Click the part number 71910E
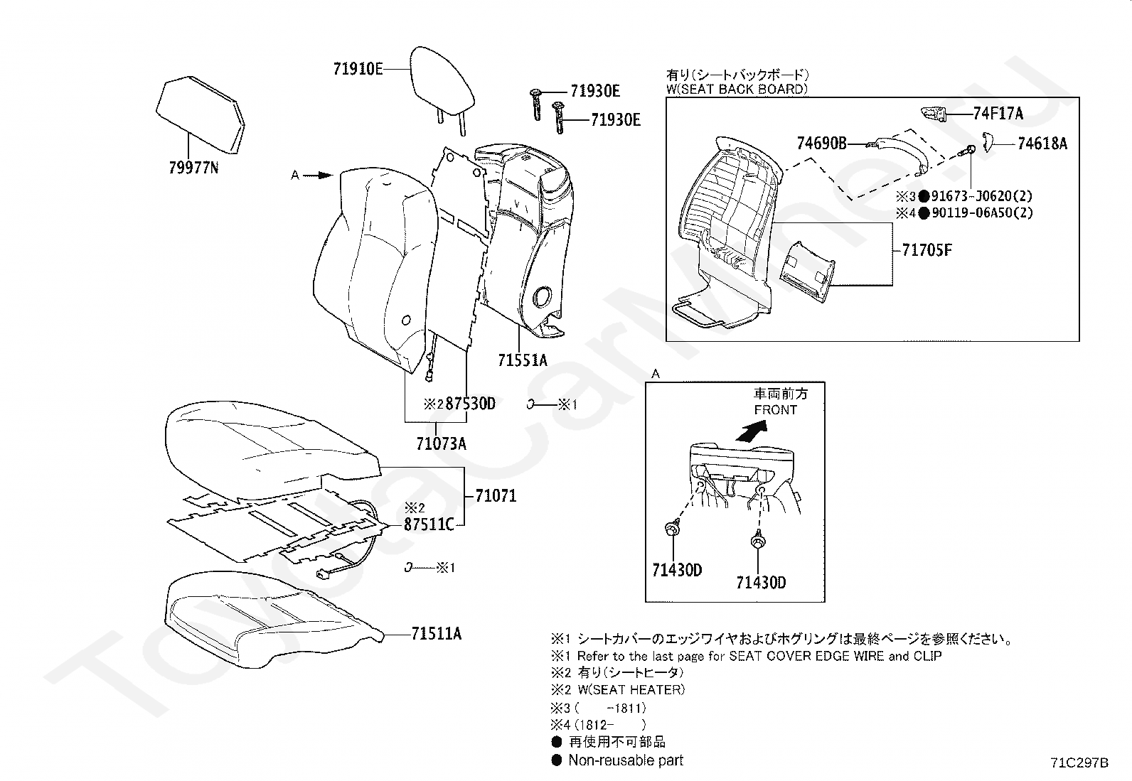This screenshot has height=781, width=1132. point(358,69)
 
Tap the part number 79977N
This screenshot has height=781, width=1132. point(194,168)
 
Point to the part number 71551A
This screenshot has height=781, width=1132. point(523,360)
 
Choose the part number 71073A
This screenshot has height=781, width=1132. point(442,444)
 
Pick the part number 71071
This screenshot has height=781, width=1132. point(496,496)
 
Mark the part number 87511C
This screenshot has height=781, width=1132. point(429,525)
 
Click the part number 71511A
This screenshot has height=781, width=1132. point(436,633)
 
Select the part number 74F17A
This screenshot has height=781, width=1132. point(998,113)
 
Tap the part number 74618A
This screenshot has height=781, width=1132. point(1042,144)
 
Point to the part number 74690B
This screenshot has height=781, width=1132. point(822,144)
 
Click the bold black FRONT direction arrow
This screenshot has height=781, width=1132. point(752,429)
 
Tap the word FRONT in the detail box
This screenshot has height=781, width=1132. point(776,410)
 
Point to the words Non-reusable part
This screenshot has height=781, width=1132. point(626,760)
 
